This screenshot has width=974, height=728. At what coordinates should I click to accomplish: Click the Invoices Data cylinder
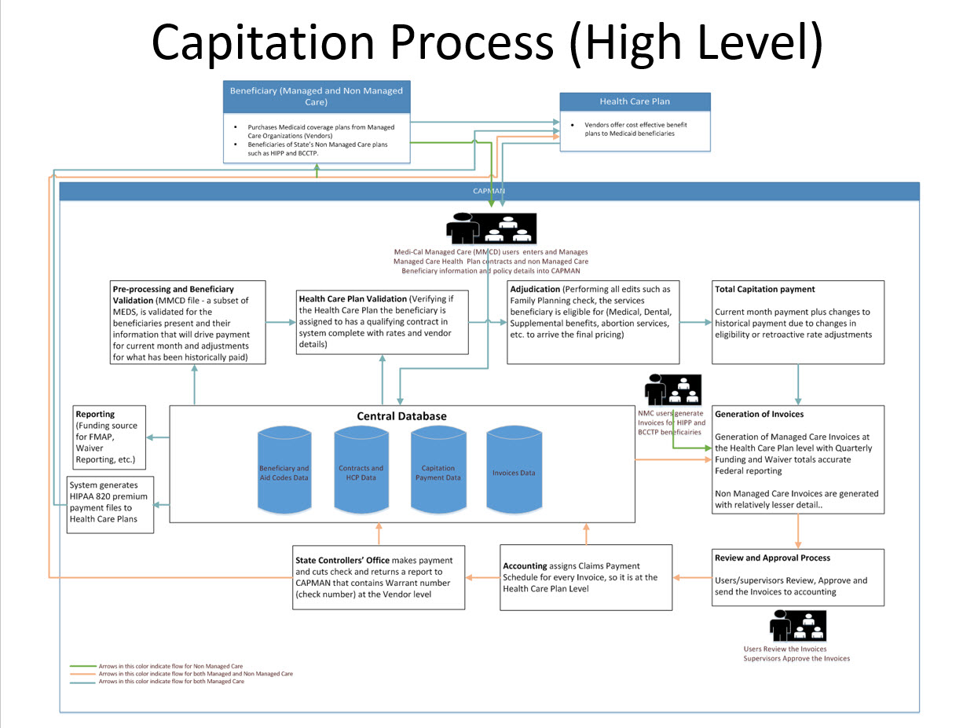[x=514, y=472]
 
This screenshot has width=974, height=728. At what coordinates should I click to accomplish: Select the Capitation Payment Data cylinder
[x=438, y=472]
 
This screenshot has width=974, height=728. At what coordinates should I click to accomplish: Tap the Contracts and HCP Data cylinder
[x=361, y=472]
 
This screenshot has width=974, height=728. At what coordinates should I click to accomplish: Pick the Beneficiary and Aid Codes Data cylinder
[x=284, y=472]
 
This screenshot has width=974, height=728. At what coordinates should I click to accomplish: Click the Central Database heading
[x=401, y=415]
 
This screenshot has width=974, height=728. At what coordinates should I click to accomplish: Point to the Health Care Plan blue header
[x=634, y=101]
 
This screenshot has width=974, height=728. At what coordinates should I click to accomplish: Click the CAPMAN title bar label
[x=489, y=190]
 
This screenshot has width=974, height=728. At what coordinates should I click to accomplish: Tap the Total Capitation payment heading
[x=754, y=290]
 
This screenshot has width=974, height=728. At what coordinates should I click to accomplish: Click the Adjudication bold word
[x=535, y=289]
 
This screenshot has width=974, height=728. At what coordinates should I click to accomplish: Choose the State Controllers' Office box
[x=379, y=577]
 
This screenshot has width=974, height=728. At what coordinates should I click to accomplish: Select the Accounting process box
[x=586, y=577]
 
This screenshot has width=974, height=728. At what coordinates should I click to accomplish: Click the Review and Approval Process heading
[x=772, y=558]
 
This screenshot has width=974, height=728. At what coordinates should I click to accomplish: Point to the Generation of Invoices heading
[x=759, y=414]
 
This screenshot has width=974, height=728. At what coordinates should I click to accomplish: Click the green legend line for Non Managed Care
[x=82, y=665]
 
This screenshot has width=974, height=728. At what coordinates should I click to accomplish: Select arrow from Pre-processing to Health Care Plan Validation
[x=281, y=322]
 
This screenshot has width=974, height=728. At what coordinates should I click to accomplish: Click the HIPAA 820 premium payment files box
[x=110, y=505]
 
